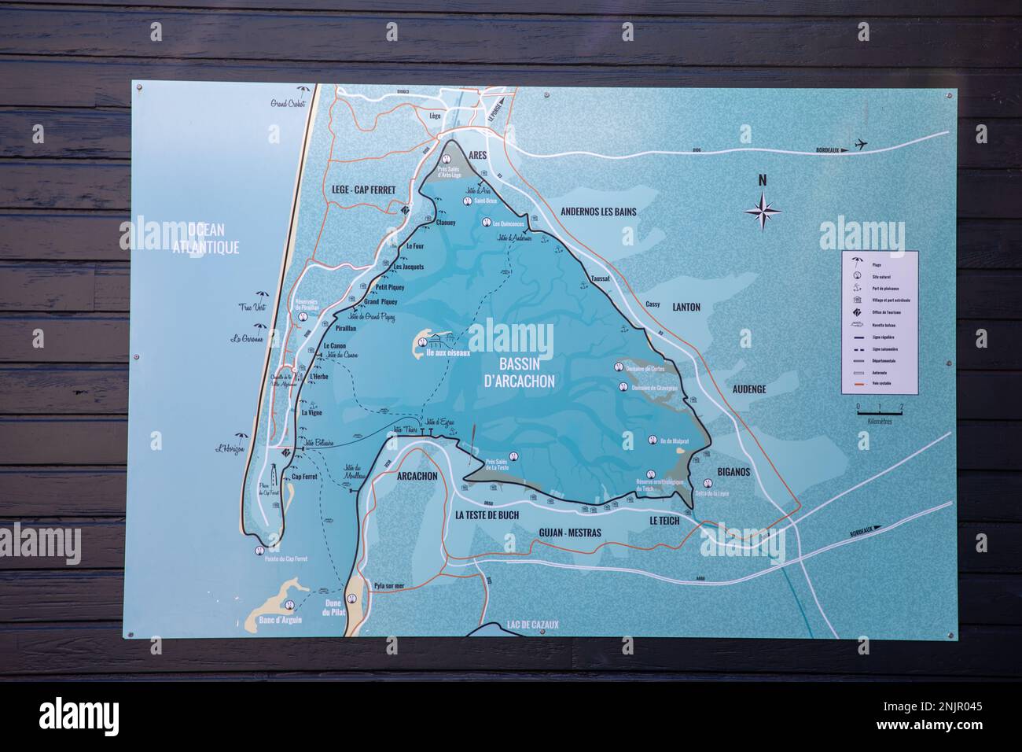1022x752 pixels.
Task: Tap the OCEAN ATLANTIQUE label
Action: (206, 238)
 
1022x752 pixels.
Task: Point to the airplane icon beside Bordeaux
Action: (862, 145)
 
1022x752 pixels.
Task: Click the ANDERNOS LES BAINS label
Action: (598, 212)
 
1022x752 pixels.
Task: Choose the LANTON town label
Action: (686, 308)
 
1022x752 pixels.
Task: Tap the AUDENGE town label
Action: (748, 389)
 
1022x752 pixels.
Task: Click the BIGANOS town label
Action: (734, 472)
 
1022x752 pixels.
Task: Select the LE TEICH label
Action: (664, 521)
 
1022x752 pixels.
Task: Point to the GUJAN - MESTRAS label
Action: (570, 533)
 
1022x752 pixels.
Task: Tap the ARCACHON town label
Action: (417, 476)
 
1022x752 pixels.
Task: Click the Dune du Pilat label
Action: (334, 606)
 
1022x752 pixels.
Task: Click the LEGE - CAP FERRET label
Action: (362, 190)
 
